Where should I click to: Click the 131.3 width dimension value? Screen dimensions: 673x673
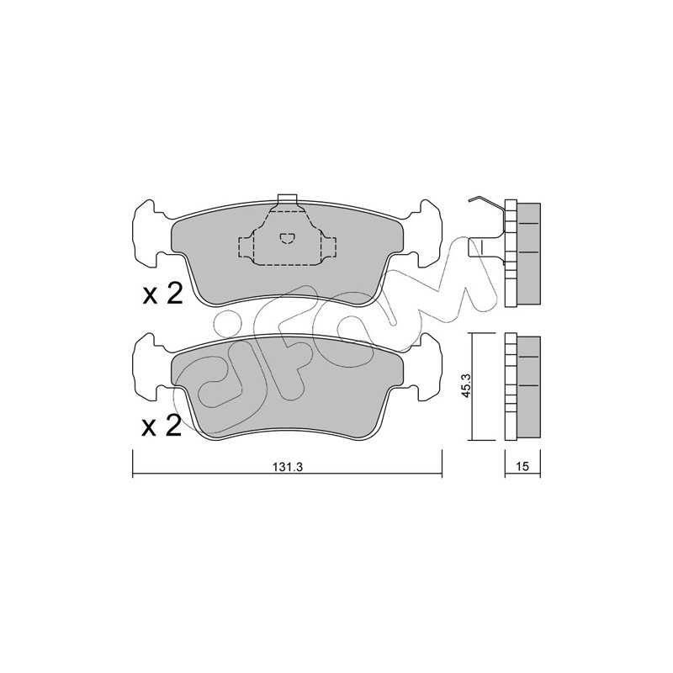point(288,468)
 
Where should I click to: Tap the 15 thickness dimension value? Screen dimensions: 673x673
point(522,467)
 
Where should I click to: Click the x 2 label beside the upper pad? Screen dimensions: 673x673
point(162,294)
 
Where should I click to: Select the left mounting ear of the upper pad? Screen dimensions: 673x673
point(150,233)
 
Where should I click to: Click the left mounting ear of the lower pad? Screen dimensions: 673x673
point(150,366)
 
